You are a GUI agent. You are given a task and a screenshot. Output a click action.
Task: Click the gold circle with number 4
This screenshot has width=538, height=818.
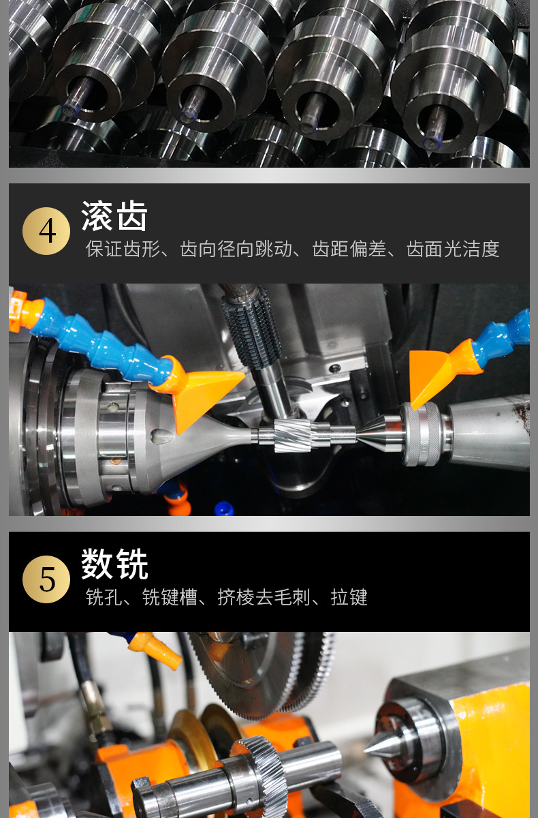46,231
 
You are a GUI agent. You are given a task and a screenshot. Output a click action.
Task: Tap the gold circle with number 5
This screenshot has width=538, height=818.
46,579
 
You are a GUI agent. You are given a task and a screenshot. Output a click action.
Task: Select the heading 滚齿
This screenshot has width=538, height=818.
114,217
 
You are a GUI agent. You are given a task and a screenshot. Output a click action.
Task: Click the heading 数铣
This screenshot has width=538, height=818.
114,564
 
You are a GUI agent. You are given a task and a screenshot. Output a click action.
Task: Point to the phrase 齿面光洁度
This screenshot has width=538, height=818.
453,249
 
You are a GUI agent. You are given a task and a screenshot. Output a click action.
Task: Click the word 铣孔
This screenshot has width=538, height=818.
104,598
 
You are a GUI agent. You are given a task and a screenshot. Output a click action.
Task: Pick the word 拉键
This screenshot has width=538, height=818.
349,598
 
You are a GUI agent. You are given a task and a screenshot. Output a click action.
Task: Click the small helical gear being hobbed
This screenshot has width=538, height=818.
293,435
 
